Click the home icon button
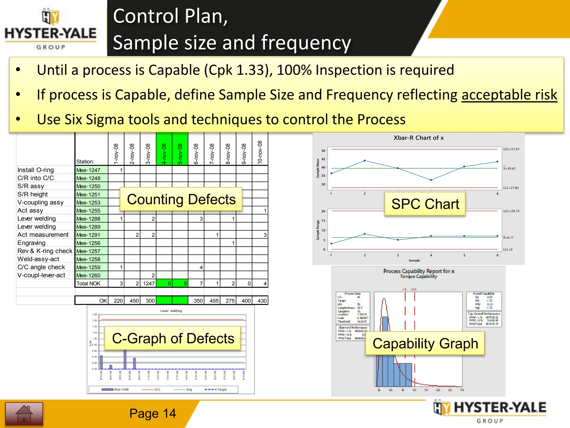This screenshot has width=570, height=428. [x=24, y=414]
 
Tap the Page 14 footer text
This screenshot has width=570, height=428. [x=153, y=414]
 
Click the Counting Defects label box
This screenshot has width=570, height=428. [x=181, y=200]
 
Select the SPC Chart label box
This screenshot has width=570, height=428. [x=425, y=204]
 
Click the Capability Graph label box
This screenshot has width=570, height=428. [x=425, y=343]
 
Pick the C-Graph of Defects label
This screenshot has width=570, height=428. [x=173, y=338]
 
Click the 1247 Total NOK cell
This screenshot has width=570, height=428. [x=148, y=284]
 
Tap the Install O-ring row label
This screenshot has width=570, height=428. [x=36, y=170]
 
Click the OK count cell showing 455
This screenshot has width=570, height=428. [x=214, y=301]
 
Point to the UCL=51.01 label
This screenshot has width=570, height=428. [x=511, y=149]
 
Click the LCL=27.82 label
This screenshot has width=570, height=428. [x=511, y=188]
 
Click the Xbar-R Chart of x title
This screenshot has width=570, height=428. [x=418, y=138]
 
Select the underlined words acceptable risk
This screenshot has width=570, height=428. [x=509, y=95]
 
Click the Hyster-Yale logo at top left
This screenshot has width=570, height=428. [x=51, y=29]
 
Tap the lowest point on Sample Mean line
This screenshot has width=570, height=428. [x=431, y=180]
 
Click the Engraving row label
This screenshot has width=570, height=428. [x=31, y=243]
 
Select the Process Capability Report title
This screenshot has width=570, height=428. [x=418, y=271]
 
